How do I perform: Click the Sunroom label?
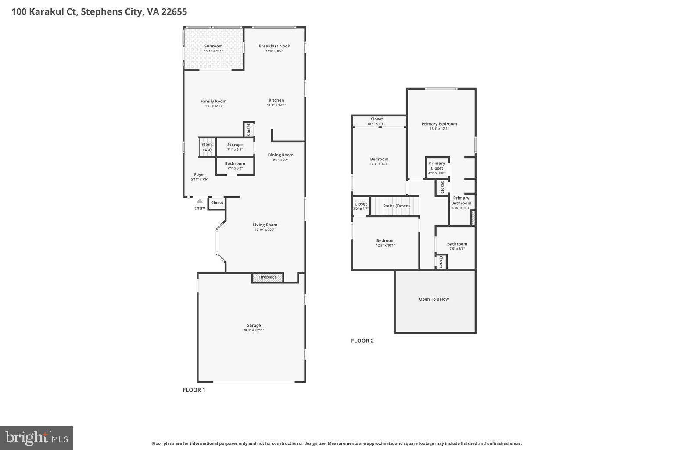click(213, 46)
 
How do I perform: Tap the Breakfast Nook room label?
click(274, 46)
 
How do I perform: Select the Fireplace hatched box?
click(267, 277)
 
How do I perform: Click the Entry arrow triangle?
click(200, 201)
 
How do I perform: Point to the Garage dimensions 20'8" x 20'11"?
click(254, 330)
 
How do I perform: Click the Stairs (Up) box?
click(207, 147)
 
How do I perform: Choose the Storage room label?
click(235, 145)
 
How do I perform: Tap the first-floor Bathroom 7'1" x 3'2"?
click(235, 166)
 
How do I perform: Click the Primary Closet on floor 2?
click(437, 167)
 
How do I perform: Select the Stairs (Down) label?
click(396, 206)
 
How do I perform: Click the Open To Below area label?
click(434, 299)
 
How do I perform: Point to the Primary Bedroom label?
click(439, 124)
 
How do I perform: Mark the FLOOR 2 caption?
click(362, 341)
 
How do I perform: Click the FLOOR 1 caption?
click(194, 390)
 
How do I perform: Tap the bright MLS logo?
click(36, 438)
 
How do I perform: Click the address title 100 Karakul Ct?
click(99, 11)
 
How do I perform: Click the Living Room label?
click(265, 225)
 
